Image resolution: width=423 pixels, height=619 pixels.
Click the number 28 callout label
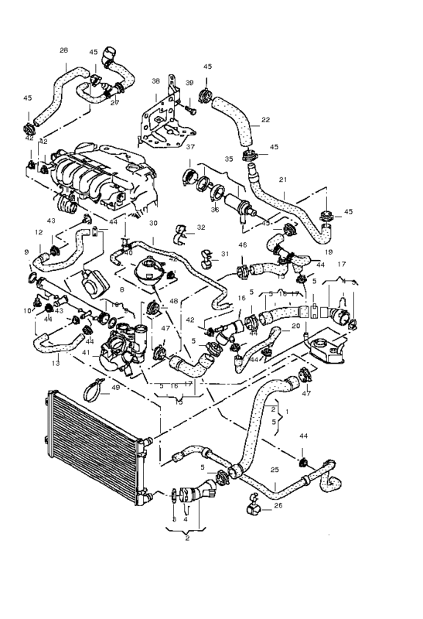[x=63, y=50]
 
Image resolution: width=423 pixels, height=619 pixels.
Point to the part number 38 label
[x=155, y=81]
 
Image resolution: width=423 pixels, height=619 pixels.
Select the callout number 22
[x=265, y=120]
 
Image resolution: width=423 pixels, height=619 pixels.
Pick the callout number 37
[x=190, y=146]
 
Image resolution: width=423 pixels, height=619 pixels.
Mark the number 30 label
[x=153, y=223]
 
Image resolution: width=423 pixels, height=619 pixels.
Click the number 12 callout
[x=39, y=232]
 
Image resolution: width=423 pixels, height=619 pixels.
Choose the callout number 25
[x=274, y=469]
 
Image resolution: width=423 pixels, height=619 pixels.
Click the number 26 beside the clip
[x=278, y=507]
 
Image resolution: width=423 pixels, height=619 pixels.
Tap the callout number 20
[x=296, y=326]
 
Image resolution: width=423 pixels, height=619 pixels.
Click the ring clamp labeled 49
[x=91, y=391]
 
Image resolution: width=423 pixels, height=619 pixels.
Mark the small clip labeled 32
[x=185, y=230]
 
